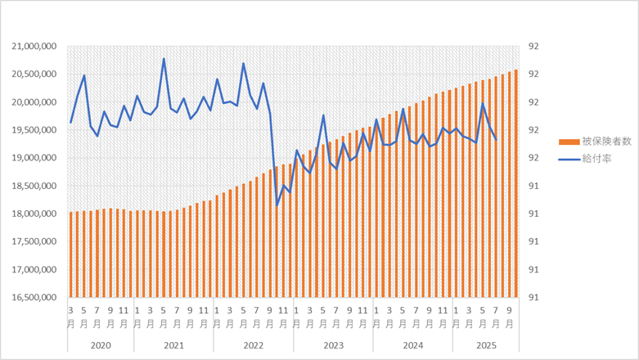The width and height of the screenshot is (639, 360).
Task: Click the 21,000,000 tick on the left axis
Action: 33,47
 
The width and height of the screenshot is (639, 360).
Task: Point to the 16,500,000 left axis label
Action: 33,297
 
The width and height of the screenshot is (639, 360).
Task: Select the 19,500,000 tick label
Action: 33,130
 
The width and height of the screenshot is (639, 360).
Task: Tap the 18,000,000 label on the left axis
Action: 33,214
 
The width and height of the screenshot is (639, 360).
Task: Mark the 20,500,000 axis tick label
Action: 33,74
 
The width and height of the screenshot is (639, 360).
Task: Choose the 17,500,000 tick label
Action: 33,241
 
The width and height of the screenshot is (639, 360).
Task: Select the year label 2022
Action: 254,345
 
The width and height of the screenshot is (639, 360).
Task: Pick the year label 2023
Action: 333,345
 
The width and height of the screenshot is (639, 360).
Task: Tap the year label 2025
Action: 486,345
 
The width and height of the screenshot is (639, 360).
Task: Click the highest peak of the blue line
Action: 164,59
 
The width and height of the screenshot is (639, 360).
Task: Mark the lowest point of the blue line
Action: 277,204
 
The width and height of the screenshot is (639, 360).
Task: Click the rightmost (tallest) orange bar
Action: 516,183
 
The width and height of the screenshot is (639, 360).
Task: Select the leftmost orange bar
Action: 71,254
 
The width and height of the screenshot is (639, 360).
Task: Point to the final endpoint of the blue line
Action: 497,140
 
